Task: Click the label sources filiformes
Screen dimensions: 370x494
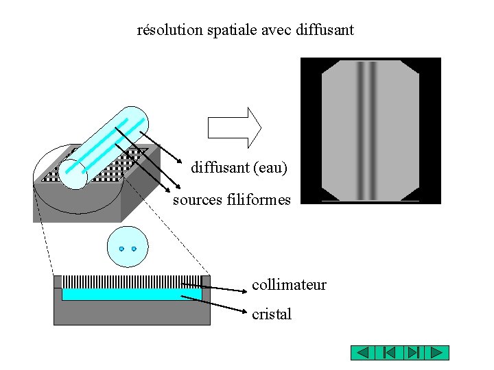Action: click(x=232, y=200)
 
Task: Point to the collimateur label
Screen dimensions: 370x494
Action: click(x=289, y=284)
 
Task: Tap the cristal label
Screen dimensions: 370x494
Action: click(x=272, y=314)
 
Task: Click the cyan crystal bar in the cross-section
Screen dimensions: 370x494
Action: click(x=132, y=294)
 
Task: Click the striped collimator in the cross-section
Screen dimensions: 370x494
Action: click(x=132, y=281)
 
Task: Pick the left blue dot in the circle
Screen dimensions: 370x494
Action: click(x=121, y=249)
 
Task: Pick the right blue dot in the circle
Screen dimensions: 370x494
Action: click(x=134, y=249)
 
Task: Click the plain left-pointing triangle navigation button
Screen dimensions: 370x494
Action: click(x=364, y=353)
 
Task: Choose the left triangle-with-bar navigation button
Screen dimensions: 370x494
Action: click(x=388, y=353)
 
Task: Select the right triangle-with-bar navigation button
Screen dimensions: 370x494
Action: click(x=412, y=353)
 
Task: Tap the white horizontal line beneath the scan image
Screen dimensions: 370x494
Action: click(x=370, y=201)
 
